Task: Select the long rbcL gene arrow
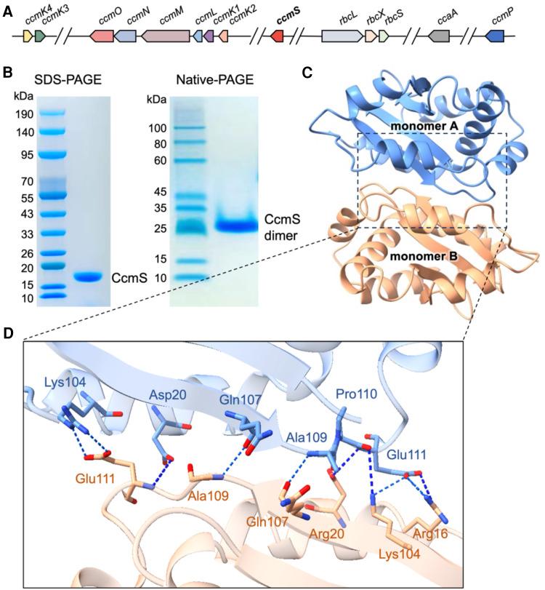(342, 36)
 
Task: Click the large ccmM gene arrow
(165, 36)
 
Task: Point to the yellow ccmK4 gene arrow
(28, 36)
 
